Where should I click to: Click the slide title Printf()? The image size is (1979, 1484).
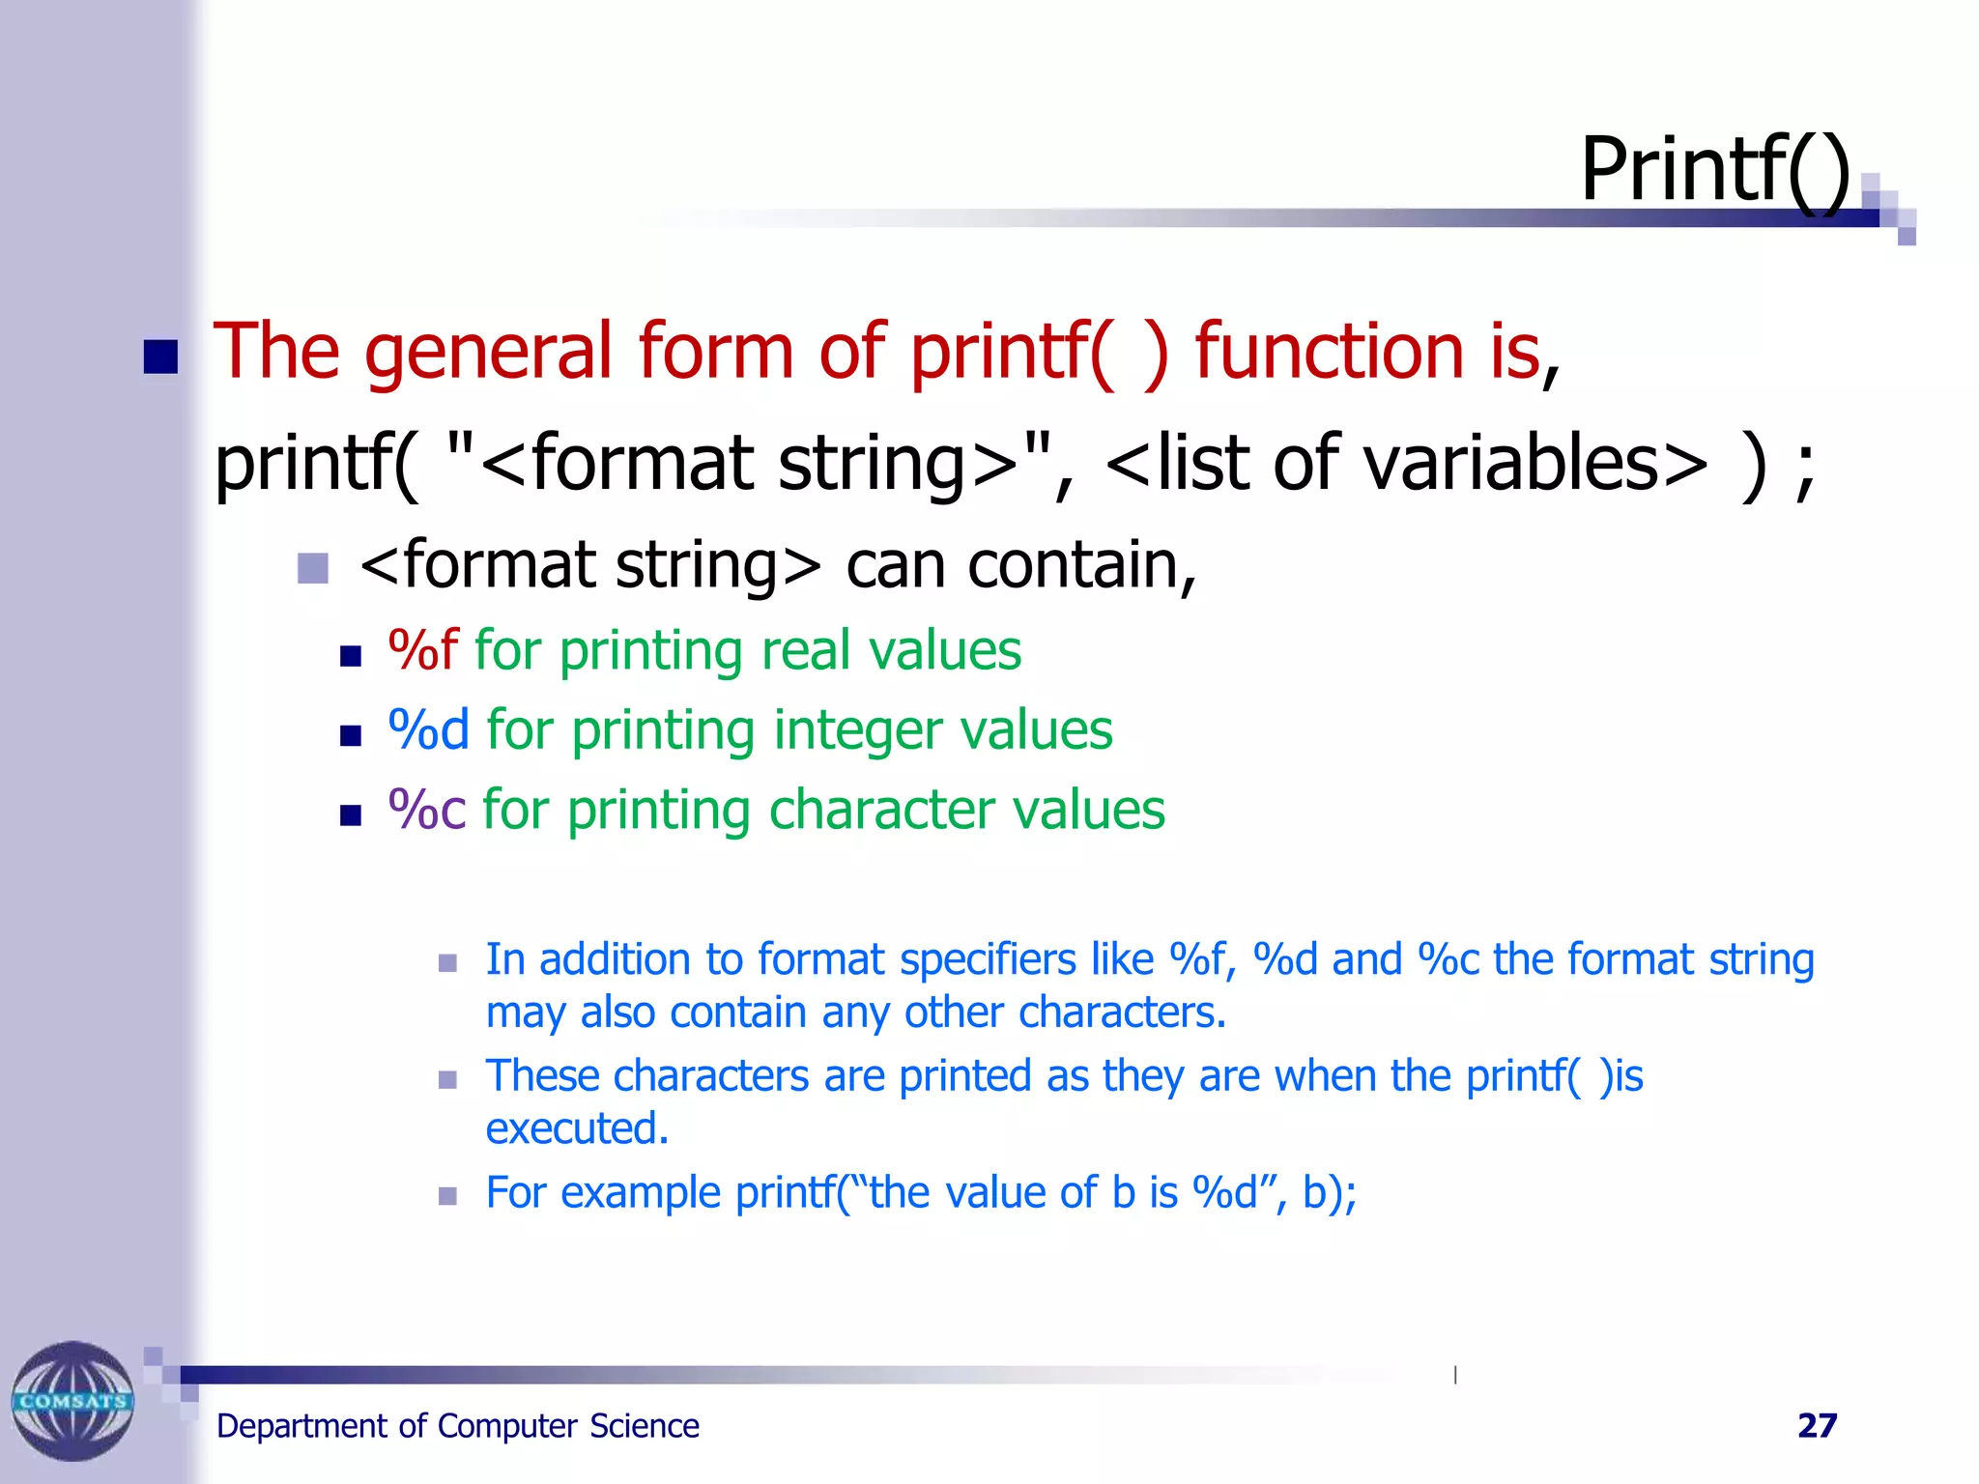point(1714,170)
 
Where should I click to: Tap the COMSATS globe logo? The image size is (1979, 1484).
point(72,1400)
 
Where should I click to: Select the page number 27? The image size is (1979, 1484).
point(1817,1426)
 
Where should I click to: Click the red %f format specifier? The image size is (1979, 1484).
point(422,650)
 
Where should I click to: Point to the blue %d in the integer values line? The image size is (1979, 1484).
point(428,729)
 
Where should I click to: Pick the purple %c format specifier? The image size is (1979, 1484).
point(426,810)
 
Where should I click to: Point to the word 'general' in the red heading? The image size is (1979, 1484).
point(488,352)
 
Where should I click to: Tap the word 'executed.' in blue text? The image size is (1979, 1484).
point(577,1128)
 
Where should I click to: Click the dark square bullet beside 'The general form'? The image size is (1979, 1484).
point(160,357)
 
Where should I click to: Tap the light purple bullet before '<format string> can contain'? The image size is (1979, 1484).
point(313,568)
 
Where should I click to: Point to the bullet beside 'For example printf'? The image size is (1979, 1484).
point(447,1196)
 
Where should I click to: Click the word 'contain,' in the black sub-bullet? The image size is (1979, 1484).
point(1081,565)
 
